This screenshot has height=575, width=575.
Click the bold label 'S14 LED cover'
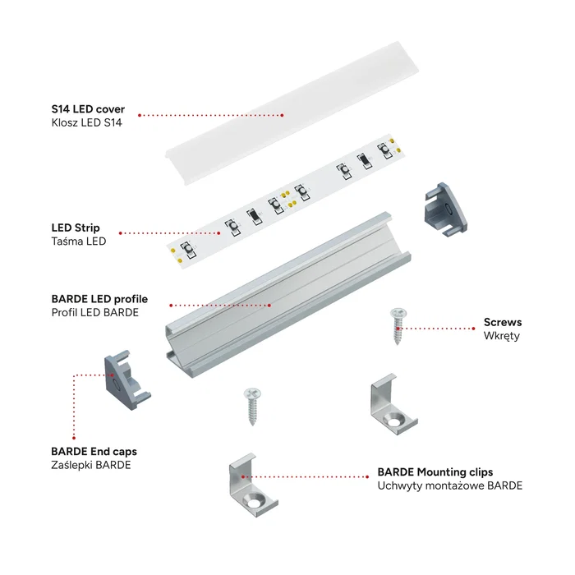[x=88, y=109]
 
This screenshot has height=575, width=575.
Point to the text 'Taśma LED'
[x=78, y=241]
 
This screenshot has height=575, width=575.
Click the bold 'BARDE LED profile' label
[x=99, y=299]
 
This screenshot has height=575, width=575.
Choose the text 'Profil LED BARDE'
[x=94, y=313]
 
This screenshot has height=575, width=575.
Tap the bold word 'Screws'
[x=502, y=322]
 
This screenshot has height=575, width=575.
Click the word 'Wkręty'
[x=501, y=336]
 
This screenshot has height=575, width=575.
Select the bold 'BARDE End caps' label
[x=94, y=451]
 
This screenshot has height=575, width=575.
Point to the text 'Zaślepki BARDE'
[x=90, y=465]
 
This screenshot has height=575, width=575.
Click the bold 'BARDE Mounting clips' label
[x=435, y=472]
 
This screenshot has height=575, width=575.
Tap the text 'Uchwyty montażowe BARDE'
[x=449, y=486]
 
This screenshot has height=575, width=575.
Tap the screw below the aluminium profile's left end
[x=251, y=406]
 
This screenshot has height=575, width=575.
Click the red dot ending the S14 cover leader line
[x=140, y=116]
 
